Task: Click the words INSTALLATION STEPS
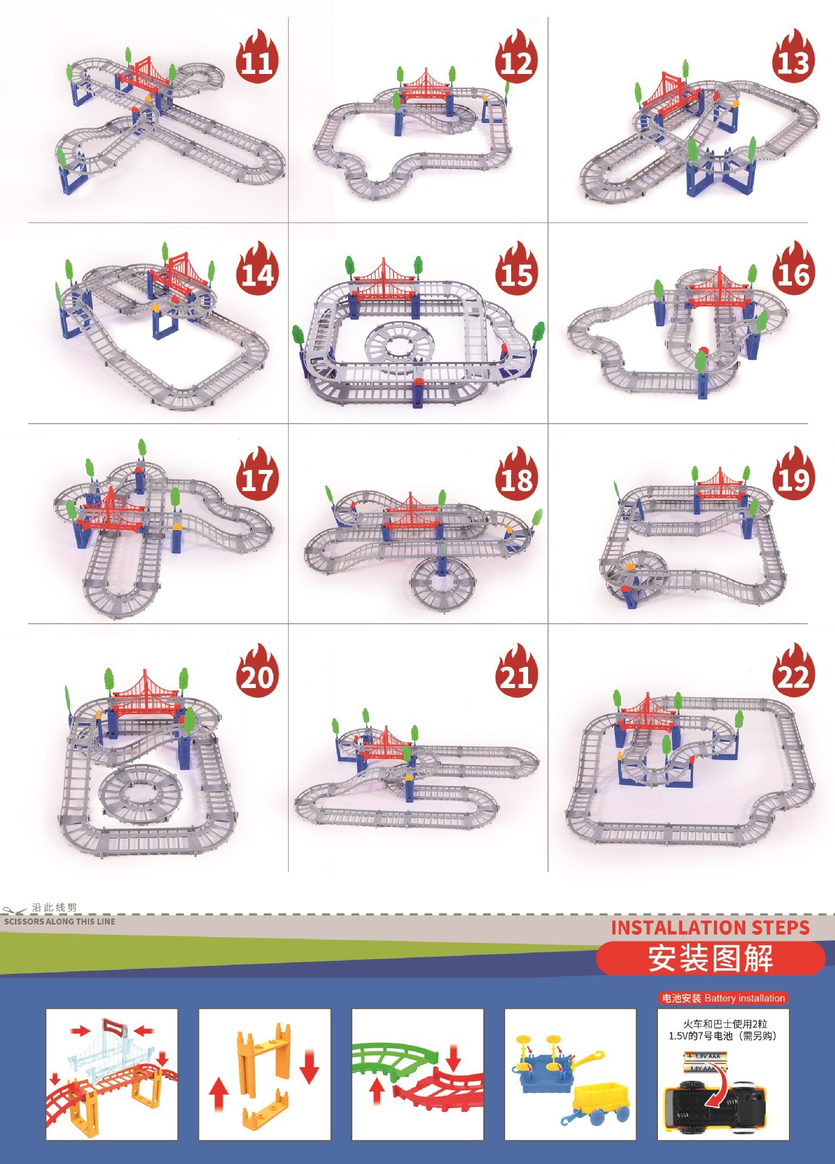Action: click(x=710, y=928)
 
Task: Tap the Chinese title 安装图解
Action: click(x=710, y=958)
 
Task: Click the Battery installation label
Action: click(x=723, y=998)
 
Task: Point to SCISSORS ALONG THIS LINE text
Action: click(x=59, y=921)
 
